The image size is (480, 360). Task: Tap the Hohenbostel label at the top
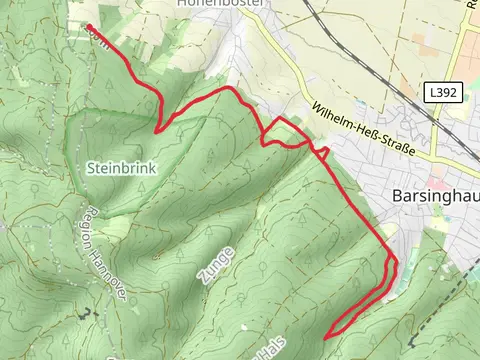(x=221, y=4)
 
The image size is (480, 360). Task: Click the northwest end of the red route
(x=89, y=27)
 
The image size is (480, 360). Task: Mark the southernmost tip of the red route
(x=327, y=337)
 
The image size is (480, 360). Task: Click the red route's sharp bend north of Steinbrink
(x=158, y=128)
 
